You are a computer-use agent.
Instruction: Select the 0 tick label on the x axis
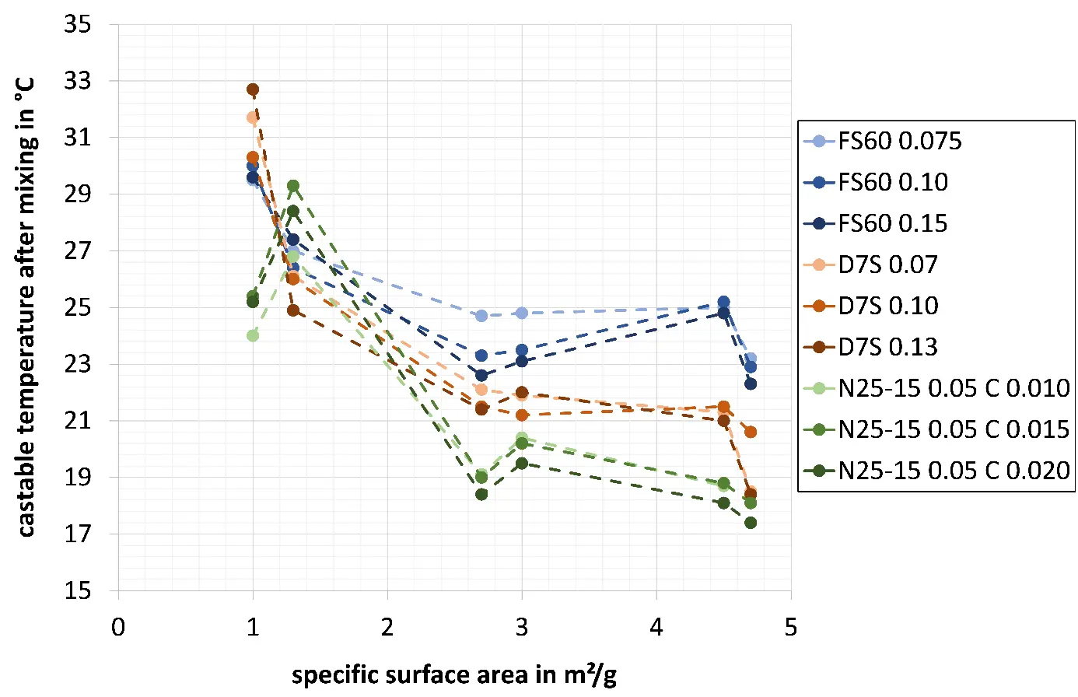click(x=118, y=627)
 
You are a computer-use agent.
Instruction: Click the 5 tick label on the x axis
click(x=791, y=627)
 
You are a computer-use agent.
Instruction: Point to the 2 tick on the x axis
click(x=387, y=627)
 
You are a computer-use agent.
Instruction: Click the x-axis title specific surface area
click(x=454, y=674)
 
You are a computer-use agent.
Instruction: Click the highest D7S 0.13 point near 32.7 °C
click(x=253, y=89)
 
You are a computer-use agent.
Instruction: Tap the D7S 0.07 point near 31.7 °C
click(x=253, y=117)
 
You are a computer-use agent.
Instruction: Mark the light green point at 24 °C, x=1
click(x=253, y=335)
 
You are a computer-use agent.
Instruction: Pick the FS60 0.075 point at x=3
click(x=522, y=313)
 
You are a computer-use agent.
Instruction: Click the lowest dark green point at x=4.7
click(x=751, y=523)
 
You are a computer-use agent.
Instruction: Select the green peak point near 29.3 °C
click(x=293, y=186)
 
